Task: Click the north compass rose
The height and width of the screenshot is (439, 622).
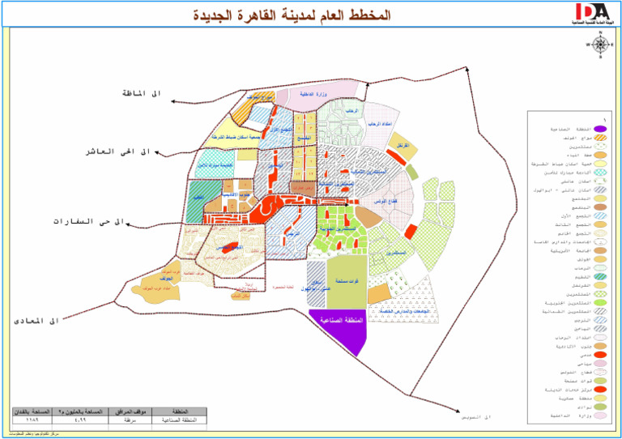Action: (600, 45)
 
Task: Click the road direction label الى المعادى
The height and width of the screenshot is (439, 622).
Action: (38, 321)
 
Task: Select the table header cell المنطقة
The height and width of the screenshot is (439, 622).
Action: (174, 411)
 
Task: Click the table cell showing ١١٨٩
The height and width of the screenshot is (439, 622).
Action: (32, 421)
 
